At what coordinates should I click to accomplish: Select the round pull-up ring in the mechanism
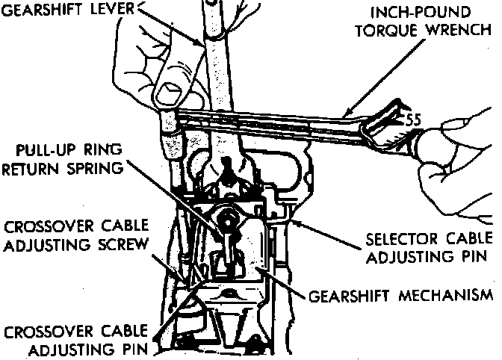tap(229, 220)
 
